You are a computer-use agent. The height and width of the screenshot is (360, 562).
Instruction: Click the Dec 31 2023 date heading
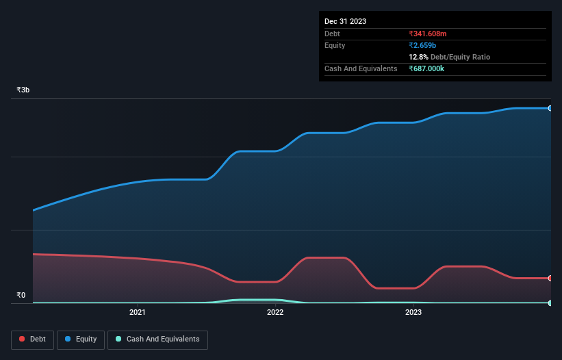(345, 21)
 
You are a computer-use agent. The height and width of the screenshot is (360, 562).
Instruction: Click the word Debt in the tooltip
(332, 34)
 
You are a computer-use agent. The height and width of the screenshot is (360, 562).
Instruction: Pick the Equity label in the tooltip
(335, 45)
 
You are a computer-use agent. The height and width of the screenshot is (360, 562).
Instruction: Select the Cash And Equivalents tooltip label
(361, 68)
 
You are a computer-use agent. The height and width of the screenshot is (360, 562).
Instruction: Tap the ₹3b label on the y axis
(23, 90)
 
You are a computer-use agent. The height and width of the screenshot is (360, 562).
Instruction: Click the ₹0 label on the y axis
(21, 296)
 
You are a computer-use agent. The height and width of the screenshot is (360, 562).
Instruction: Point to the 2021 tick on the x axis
(138, 313)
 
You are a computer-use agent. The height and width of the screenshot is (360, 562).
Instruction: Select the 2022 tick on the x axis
(275, 313)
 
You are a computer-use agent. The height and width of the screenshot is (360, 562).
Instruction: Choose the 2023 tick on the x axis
(413, 313)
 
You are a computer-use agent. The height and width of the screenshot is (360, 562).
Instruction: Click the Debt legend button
(32, 339)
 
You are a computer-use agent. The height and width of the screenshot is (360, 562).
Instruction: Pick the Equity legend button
(81, 339)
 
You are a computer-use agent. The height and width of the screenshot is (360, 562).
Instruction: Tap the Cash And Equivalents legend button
(157, 339)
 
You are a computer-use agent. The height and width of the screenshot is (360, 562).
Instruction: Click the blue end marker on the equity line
(550, 108)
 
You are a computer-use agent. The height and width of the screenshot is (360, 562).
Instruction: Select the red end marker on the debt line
(550, 278)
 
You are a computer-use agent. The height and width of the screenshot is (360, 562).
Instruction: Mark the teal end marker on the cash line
(550, 303)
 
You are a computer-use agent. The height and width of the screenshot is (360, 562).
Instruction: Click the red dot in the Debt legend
(23, 339)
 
